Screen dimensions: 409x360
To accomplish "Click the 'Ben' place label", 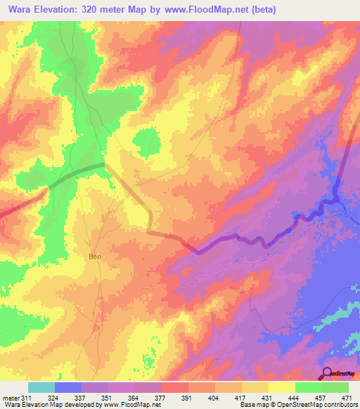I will click(x=95, y=257).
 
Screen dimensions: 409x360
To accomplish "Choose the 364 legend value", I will click(x=135, y=398).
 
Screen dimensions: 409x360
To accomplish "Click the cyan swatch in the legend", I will click(x=41, y=387).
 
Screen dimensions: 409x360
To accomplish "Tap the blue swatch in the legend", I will click(x=68, y=387).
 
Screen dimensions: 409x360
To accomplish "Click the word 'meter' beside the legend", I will click(x=10, y=398).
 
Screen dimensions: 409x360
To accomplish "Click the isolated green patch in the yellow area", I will click(x=146, y=143).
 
